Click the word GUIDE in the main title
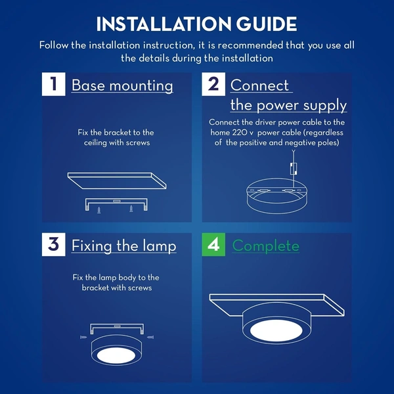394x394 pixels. point(267,24)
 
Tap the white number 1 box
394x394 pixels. point(54,84)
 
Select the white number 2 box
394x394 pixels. point(213,84)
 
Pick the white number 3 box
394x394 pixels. point(54,244)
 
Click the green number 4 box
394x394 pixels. point(213,244)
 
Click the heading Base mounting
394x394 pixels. point(122,86)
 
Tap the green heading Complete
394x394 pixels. point(265,246)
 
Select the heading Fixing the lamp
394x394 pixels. point(124,246)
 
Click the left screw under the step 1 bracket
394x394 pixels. point(99,210)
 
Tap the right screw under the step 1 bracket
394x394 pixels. point(131,209)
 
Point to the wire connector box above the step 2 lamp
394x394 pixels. point(294,168)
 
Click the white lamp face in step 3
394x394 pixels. point(116,355)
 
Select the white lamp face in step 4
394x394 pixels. point(276,330)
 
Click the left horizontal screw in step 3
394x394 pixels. point(83,337)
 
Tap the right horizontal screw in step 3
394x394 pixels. point(150,337)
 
